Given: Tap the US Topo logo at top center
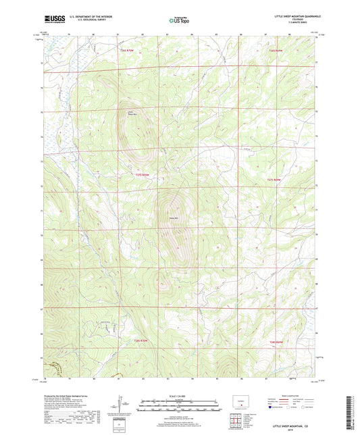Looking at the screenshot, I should pyautogui.click(x=179, y=20).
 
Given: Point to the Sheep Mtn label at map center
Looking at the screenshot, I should pyautogui.click(x=172, y=217).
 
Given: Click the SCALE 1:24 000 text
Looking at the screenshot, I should pyautogui.click(x=179, y=396).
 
